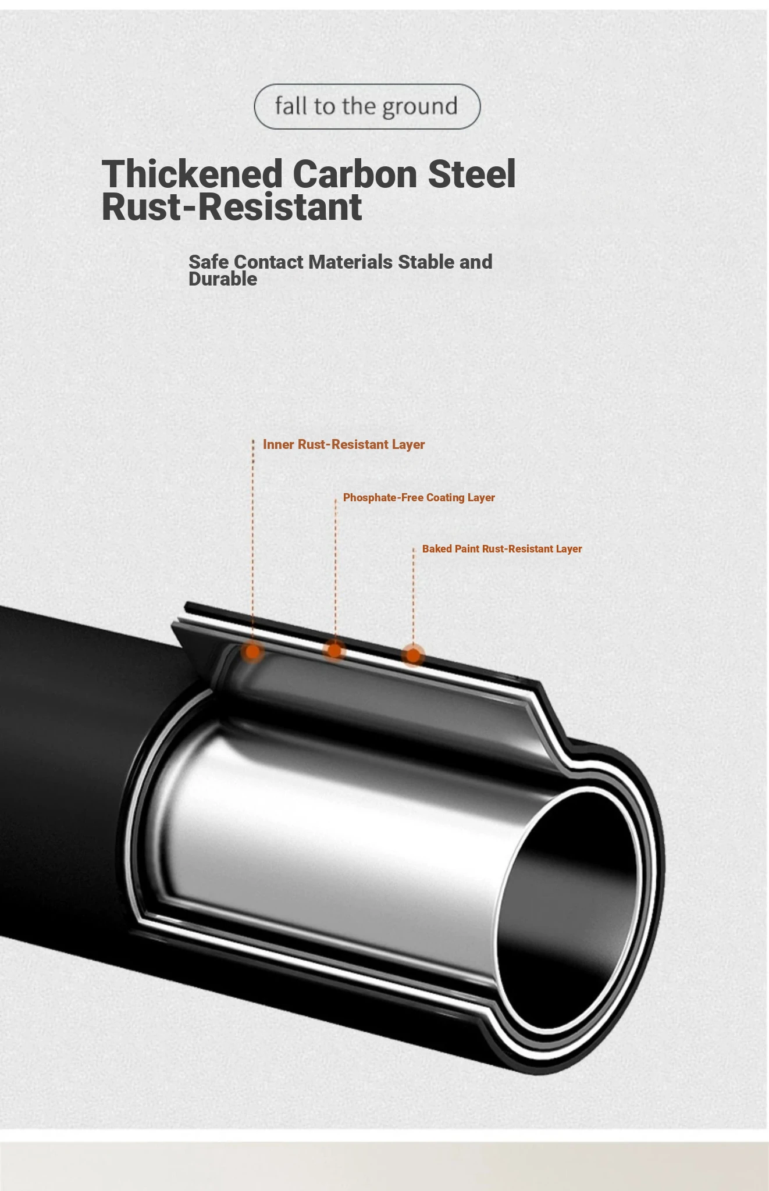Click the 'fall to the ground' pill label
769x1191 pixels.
click(367, 106)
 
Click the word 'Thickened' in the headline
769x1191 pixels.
click(192, 174)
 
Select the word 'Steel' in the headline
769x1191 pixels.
click(472, 174)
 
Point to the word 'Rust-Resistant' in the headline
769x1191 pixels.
click(232, 207)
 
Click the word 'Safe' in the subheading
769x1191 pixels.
click(208, 262)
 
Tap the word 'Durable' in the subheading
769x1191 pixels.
click(223, 279)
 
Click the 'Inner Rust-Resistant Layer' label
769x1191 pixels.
click(344, 444)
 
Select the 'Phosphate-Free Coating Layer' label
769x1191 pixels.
click(419, 497)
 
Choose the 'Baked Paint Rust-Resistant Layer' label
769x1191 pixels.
click(502, 548)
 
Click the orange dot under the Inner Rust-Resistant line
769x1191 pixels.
click(252, 652)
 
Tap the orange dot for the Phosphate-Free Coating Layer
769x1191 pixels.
click(334, 650)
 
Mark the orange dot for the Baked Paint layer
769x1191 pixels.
click(413, 655)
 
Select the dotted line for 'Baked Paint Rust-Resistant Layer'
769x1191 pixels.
click(414, 595)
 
